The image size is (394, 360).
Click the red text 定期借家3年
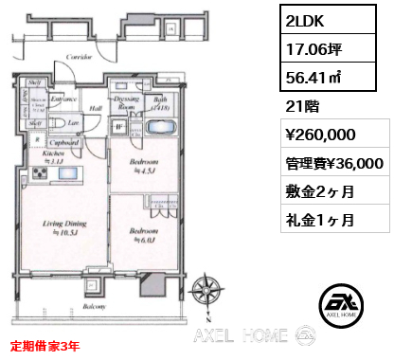[x=45, y=348]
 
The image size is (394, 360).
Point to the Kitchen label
[x=52, y=153]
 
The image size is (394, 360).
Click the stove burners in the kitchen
[x=42, y=173]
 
